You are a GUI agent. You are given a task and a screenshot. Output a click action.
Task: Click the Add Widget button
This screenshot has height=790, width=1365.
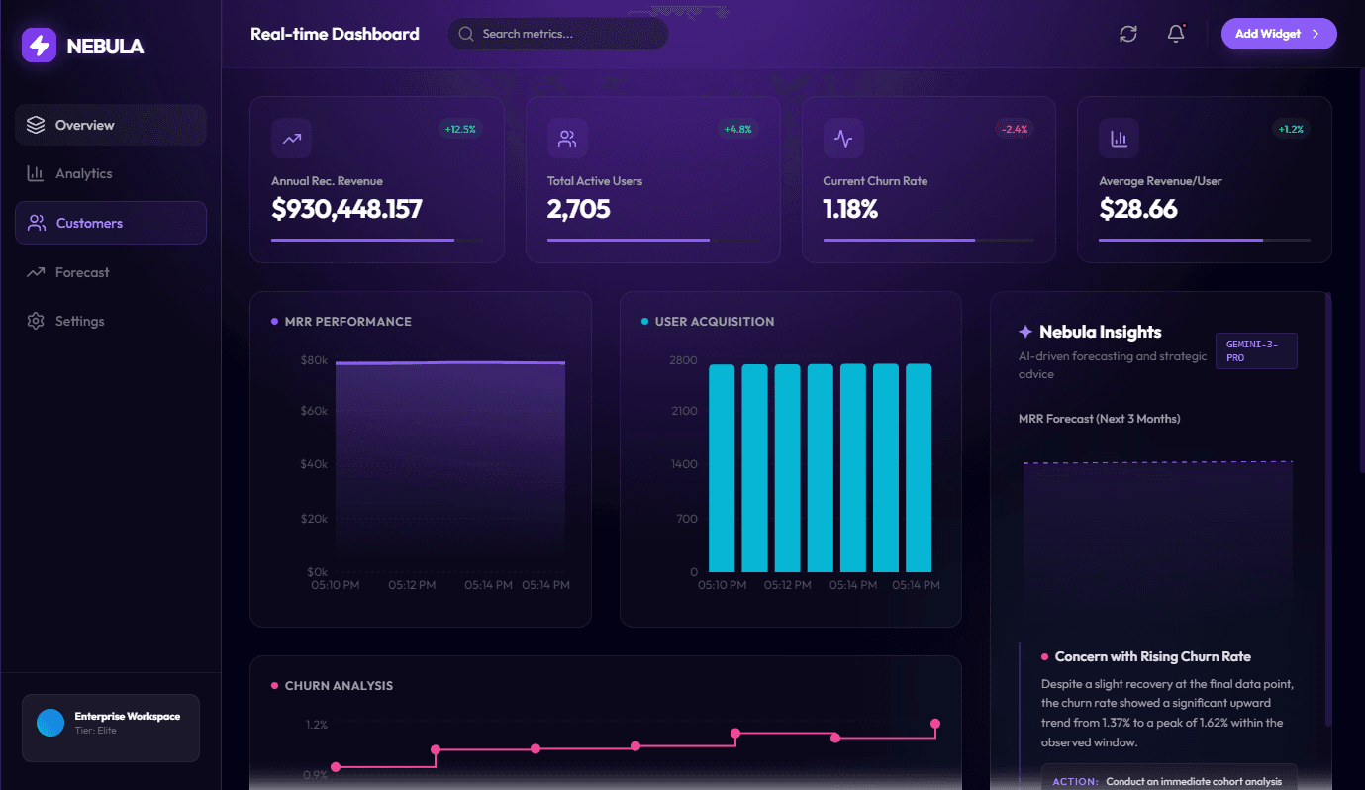(1278, 34)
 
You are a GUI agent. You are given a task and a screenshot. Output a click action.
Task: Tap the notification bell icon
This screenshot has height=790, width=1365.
(1176, 34)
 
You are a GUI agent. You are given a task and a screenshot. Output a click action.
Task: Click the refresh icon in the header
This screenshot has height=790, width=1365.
(1128, 34)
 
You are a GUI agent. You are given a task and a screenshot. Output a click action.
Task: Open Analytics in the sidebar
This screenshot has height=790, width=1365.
(83, 174)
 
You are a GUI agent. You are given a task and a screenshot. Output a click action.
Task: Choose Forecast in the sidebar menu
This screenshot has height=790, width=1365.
(82, 272)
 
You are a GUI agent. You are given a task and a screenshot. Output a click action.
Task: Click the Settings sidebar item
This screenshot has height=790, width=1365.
(79, 322)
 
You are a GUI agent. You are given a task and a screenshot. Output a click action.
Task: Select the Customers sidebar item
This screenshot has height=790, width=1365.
(89, 224)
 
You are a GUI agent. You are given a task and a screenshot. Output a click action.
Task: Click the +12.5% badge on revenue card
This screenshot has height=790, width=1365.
(460, 129)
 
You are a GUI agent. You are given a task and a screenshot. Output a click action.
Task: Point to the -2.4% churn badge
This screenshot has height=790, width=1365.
(1014, 129)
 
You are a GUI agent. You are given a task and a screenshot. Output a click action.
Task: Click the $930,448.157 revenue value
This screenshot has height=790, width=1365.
(346, 209)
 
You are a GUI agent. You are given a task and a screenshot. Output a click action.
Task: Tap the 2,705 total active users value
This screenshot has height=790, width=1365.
(578, 209)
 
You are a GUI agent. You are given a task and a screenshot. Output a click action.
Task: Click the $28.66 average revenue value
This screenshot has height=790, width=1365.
(1138, 209)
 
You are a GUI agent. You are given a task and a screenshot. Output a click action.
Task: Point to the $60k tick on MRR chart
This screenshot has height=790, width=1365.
(314, 410)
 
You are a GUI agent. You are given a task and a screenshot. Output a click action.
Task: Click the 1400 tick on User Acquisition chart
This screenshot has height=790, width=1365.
(683, 464)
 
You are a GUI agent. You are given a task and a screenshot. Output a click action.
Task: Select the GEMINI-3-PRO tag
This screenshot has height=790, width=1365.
(1255, 350)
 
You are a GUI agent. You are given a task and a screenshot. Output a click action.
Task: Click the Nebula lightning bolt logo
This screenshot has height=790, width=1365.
(40, 46)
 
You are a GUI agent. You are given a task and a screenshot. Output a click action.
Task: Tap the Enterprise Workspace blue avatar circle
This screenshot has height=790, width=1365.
(49, 723)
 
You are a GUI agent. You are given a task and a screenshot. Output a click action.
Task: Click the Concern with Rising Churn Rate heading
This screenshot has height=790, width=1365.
(1152, 657)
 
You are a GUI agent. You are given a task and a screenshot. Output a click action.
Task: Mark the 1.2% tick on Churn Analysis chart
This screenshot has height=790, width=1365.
(316, 725)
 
